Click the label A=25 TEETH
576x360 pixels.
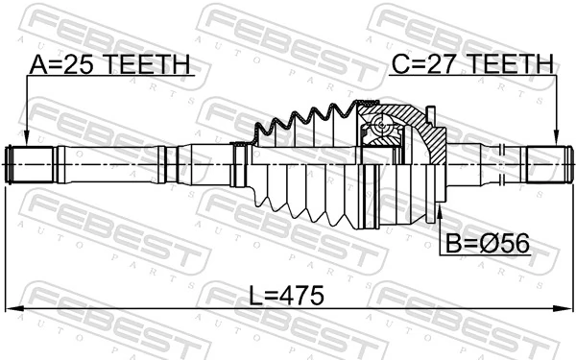(110, 64)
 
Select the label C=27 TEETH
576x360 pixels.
(472, 64)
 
